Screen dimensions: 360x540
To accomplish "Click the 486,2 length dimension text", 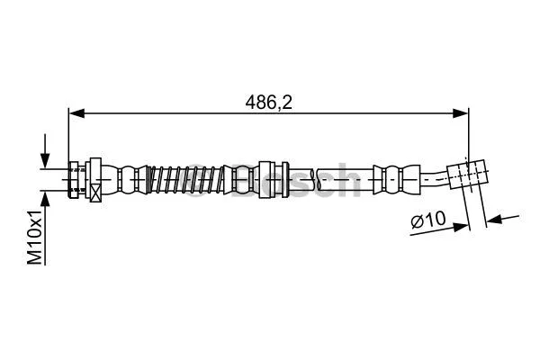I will tap(270, 103).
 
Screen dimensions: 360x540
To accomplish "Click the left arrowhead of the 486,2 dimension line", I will tap(76, 112).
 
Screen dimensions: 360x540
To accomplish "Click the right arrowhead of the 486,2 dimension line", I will tap(462, 112).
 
